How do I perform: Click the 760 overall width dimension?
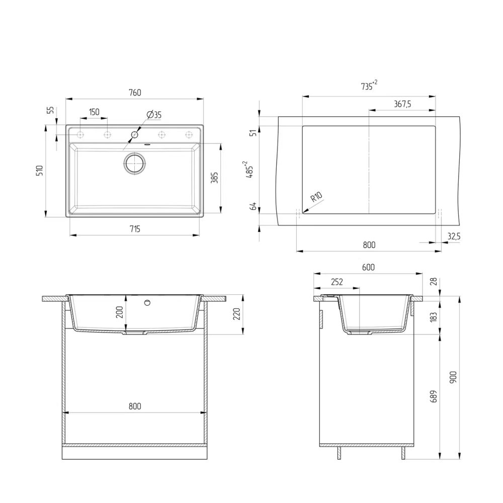(135, 93)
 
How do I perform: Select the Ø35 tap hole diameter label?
(154, 115)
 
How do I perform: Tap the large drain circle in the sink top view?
(134, 163)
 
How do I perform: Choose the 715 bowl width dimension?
(134, 229)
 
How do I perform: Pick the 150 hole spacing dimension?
(94, 112)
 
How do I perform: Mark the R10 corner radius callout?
(316, 197)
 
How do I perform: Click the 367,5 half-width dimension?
(402, 104)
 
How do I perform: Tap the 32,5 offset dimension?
(453, 235)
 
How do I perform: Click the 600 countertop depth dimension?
(368, 268)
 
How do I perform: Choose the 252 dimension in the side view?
(337, 282)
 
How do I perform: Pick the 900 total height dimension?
(453, 377)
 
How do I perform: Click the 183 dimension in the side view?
(434, 316)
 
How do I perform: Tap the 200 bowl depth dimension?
(119, 313)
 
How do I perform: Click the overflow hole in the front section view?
(147, 303)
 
